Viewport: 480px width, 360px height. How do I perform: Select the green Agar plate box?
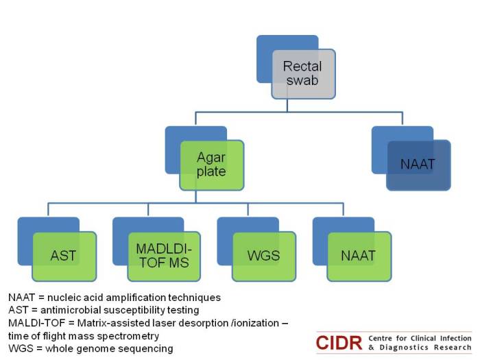point(212,165)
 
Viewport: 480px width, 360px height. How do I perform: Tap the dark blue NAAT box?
point(418,165)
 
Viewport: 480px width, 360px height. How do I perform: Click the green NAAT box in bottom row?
point(359,256)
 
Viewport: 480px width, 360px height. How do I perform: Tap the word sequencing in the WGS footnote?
point(147,349)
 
